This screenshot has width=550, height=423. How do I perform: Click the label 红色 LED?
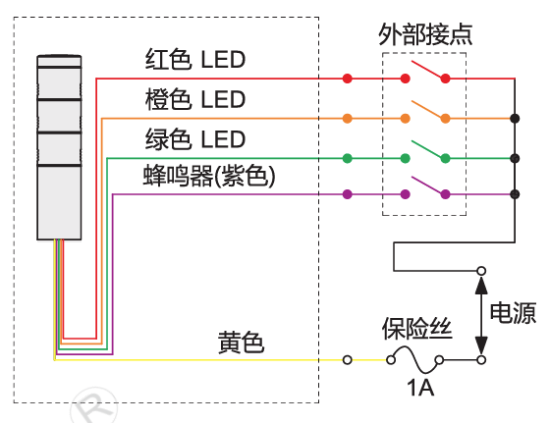pos(195,59)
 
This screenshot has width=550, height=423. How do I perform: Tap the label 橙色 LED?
pos(195,99)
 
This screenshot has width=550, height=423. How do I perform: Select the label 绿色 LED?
pos(195,139)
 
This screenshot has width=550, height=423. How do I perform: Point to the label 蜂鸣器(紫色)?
pos(209,176)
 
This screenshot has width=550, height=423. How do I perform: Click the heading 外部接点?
pos(425,34)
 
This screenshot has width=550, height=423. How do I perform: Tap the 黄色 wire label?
pos(241,343)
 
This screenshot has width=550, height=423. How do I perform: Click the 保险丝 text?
pos(417,329)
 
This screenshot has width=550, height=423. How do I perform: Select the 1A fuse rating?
pos(420,388)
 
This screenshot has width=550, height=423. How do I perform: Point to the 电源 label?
pos(513,312)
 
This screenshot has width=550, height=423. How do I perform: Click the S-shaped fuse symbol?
pos(414,359)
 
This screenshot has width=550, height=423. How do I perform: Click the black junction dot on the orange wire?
pos(515,119)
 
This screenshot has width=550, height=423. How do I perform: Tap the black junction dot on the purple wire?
pos(515,194)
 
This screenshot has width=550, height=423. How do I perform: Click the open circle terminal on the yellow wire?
pos(348,359)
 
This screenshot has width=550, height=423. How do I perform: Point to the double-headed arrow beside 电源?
pos(481,315)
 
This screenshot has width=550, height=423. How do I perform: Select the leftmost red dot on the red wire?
pos(348,79)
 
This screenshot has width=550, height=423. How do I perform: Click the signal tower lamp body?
pos(59,147)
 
